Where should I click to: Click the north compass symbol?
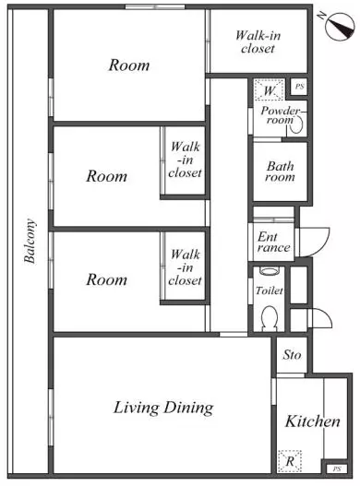pos(340,27)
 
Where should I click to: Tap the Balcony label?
pos(30,241)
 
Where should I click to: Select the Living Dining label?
pos(163,408)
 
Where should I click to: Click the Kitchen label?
pos(313,421)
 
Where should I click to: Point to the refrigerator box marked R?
pos(290,461)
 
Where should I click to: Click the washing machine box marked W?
pos(269,89)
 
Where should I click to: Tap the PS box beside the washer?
pos(299,87)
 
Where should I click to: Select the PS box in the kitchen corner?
pos(337,468)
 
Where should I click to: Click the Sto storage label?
pos(292,355)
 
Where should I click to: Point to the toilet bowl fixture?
pos(270,318)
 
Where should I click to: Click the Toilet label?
pos(270,290)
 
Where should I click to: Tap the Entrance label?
pos(274,242)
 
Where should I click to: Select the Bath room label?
pos(280,172)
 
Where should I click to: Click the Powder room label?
pos(281,115)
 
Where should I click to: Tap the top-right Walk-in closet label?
pos(258,41)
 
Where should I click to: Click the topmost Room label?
pos(129,65)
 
